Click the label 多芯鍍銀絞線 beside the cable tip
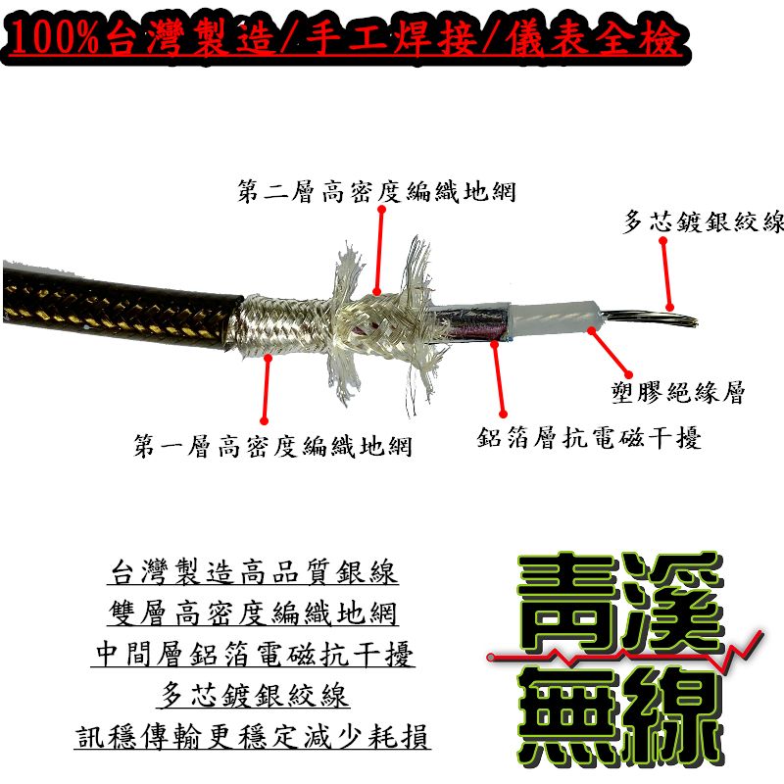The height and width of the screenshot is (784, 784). coord(704,222)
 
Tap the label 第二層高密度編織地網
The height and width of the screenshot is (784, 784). coord(377,191)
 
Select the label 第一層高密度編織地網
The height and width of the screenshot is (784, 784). coord(272,447)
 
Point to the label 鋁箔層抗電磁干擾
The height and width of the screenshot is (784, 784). coord(589,437)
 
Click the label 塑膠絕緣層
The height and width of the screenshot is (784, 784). coord(676,394)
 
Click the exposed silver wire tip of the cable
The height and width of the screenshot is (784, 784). coord(651,319)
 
